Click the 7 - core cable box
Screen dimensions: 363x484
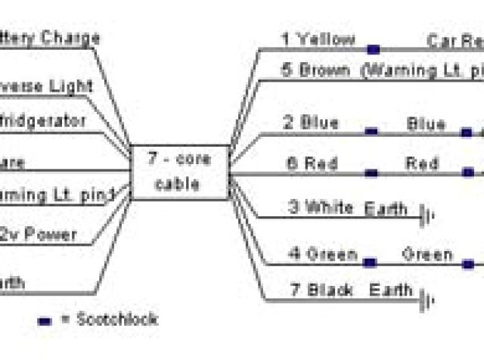click(x=179, y=172)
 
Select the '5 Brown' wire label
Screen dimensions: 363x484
click(x=315, y=71)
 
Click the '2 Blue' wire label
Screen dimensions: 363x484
click(x=310, y=123)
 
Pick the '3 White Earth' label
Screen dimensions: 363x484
click(x=348, y=208)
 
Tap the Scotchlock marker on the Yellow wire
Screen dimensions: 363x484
click(x=373, y=50)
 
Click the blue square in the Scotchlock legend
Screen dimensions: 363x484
click(x=44, y=321)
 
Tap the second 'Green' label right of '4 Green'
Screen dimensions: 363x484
click(x=427, y=254)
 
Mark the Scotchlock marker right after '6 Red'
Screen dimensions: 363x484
click(x=371, y=174)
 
